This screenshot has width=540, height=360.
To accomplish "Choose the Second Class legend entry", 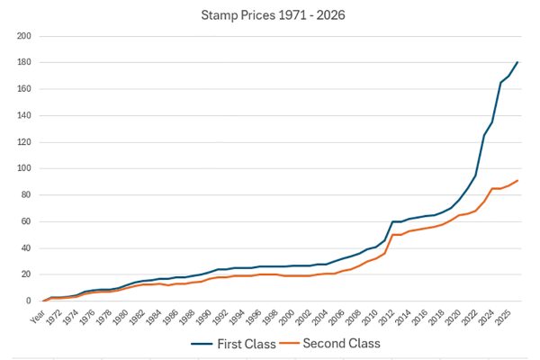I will (x=341, y=343).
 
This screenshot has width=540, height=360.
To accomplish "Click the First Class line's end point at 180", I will (x=517, y=62).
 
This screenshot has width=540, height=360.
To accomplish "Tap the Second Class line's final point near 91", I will (x=517, y=180).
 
